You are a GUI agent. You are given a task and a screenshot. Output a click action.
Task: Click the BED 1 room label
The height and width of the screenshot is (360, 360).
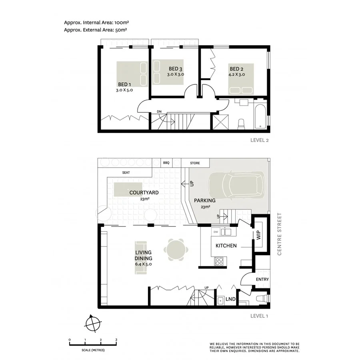click(124, 84)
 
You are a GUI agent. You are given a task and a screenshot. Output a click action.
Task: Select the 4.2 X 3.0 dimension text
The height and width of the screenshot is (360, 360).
click(237, 74)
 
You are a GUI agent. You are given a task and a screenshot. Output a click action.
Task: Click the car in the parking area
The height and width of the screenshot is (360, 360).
click(236, 186)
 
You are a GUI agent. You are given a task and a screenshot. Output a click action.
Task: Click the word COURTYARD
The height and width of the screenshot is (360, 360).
click(144, 192)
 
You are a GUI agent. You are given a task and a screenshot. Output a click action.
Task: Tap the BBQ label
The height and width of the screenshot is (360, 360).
click(166, 163)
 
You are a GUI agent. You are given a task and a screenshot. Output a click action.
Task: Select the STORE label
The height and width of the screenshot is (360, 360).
click(195, 163)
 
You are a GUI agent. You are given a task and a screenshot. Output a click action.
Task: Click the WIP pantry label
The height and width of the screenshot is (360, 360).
click(258, 235)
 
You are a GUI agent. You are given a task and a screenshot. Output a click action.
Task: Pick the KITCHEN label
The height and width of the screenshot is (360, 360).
click(226, 246)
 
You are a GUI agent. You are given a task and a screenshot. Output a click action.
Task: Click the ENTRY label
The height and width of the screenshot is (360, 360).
click(262, 280)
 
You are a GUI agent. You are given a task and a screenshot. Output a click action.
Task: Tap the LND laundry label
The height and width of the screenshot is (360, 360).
click(230, 299)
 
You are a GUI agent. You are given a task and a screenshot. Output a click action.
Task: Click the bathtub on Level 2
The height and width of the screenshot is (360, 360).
click(260, 116)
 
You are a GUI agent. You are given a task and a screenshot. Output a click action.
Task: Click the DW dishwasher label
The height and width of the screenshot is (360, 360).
click(216, 232)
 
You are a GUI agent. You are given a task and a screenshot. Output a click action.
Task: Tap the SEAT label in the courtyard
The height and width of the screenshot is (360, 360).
click(126, 173)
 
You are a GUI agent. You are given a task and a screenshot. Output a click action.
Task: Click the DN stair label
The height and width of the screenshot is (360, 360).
click(159, 111)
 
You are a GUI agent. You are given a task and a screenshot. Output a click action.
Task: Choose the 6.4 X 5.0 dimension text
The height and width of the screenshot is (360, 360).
click(144, 264)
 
